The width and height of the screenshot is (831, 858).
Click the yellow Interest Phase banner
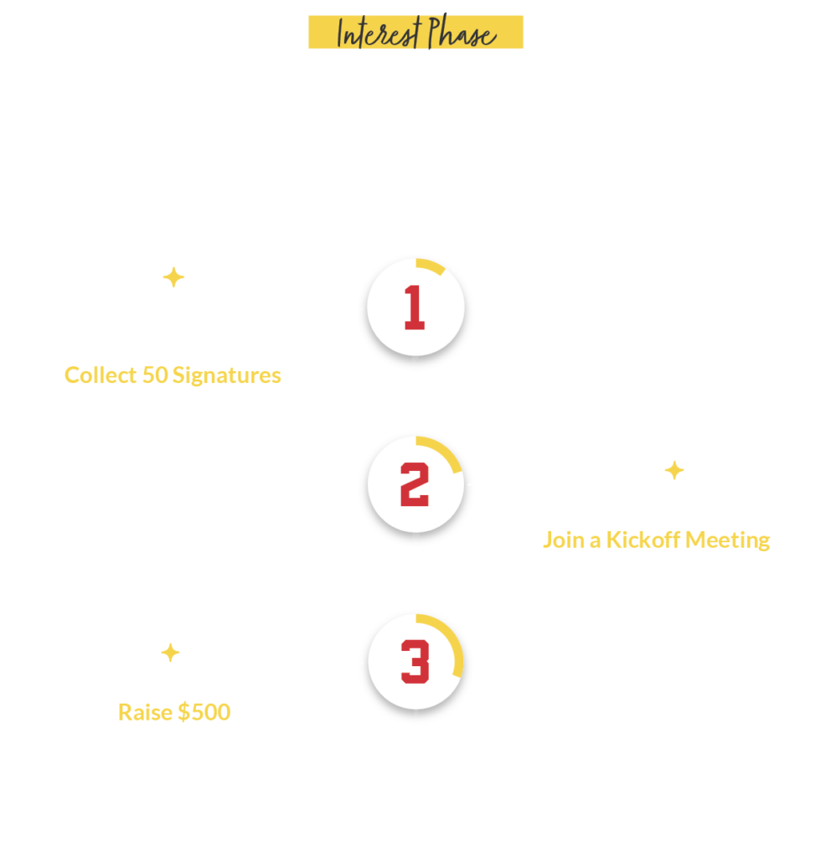pos(415,32)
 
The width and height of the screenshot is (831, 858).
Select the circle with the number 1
pos(415,308)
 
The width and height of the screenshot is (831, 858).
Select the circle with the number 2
pos(415,484)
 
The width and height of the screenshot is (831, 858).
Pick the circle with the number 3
pos(415,662)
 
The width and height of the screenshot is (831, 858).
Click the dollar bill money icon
pos(173,654)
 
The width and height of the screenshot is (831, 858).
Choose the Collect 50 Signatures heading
pos(173,375)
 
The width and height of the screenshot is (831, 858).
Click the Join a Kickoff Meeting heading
pos(656,540)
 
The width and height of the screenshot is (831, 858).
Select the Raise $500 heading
pos(174,712)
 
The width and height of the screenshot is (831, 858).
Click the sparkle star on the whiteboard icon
pos(674,471)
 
